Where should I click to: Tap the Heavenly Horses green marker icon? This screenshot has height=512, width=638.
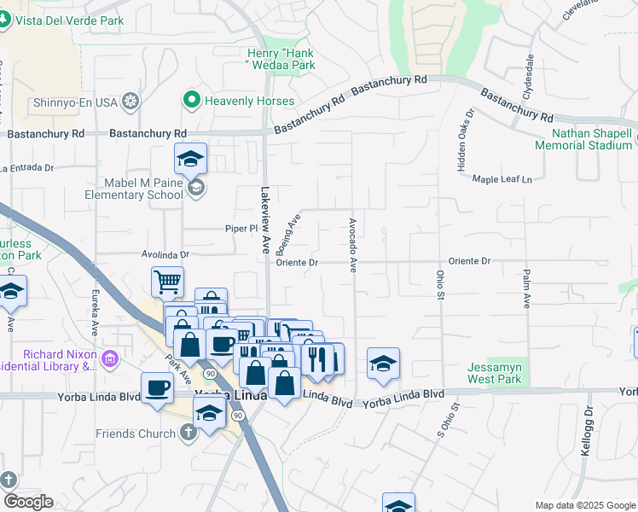[x=191, y=101]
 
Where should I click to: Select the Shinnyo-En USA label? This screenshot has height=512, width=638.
[x=75, y=103]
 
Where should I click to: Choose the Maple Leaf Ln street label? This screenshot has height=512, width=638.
[x=502, y=179]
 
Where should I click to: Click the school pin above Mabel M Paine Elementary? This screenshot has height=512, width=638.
[x=191, y=158]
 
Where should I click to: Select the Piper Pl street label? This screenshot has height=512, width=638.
[x=241, y=229]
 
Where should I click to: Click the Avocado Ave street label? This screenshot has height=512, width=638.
[x=351, y=245]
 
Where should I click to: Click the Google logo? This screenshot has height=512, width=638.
[x=28, y=502]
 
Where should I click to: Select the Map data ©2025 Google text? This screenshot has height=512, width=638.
[x=584, y=505]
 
